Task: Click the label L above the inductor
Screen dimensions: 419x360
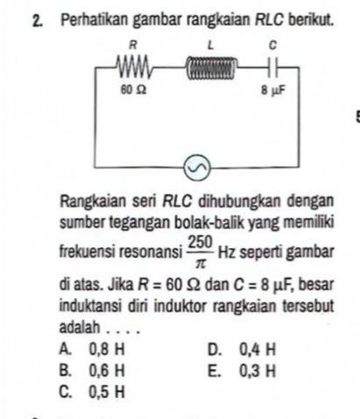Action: pos(210,43)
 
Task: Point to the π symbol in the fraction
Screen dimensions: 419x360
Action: pos(200,261)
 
